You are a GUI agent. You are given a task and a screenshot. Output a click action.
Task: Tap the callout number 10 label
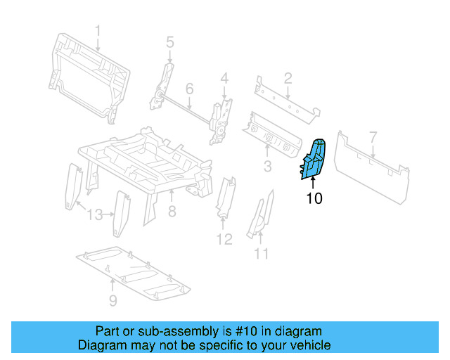314,199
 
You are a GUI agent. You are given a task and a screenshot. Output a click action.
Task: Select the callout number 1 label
98,31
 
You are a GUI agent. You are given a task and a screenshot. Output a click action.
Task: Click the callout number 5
169,43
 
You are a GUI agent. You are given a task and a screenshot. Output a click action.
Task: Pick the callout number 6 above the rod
189,89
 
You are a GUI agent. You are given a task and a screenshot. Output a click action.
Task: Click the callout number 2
288,78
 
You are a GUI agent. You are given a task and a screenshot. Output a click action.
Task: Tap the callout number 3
267,166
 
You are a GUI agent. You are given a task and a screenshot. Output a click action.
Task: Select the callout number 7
373,137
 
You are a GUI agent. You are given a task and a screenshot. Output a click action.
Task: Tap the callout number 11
262,254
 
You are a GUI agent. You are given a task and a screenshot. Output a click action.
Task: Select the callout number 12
224,240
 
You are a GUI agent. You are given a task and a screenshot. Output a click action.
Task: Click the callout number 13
95,214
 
